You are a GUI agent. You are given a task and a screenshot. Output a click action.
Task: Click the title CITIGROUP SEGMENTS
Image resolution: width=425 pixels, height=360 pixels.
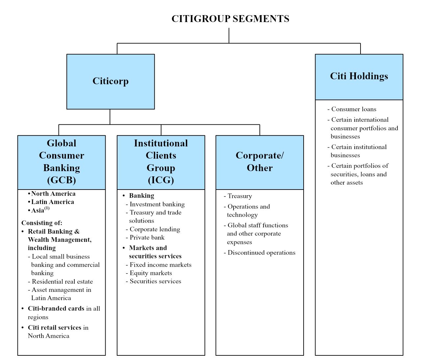(x=230, y=19)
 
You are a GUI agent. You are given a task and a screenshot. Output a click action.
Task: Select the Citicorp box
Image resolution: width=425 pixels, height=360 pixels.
(x=111, y=81)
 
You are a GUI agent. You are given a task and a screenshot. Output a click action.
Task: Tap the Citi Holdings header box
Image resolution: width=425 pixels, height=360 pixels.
(x=359, y=76)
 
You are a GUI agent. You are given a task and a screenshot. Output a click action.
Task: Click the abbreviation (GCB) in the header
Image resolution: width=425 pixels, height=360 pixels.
(x=62, y=180)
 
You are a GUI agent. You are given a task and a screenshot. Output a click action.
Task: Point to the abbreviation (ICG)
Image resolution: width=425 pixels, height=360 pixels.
(x=161, y=180)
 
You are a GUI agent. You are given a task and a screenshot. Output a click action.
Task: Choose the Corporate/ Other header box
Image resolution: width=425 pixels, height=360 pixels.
(x=260, y=162)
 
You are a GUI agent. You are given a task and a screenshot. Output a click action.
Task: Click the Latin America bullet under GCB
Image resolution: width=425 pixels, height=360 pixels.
(x=52, y=202)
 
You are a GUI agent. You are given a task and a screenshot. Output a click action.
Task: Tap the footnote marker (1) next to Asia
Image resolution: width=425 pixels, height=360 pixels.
(x=47, y=208)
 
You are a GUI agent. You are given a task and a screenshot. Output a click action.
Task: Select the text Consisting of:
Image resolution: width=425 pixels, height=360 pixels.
(x=42, y=223)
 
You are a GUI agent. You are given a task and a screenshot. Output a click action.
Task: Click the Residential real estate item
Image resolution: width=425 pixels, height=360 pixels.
(x=62, y=281)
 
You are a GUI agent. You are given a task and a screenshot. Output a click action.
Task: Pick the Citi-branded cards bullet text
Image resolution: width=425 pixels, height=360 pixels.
(x=56, y=309)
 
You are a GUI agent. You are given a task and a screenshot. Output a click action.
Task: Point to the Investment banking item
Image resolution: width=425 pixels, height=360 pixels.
(x=157, y=204)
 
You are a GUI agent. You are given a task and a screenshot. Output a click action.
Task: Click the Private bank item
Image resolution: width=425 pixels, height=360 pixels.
(x=147, y=238)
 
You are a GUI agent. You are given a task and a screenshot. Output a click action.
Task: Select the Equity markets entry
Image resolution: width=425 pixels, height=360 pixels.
(x=151, y=273)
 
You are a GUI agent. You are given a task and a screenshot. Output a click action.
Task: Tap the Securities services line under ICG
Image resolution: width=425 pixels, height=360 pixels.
(x=155, y=281)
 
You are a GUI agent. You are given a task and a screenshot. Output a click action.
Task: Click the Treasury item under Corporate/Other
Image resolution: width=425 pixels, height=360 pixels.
(x=239, y=196)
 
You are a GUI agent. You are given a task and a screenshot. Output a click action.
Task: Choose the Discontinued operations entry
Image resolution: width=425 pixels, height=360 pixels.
(x=261, y=253)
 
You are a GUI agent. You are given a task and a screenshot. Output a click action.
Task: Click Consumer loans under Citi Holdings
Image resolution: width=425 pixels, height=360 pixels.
(x=354, y=109)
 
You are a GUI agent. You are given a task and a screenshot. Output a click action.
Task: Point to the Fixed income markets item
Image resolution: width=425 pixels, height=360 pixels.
(x=160, y=265)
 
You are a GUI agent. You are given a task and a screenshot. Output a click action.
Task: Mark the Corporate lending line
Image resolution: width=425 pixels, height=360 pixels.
(x=155, y=229)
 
